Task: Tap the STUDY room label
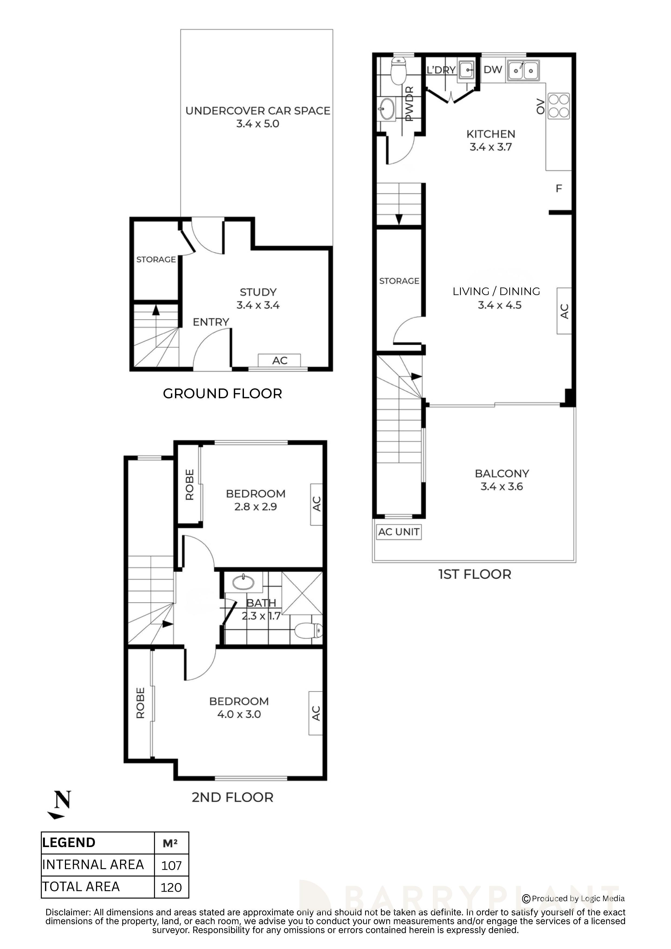tap(258, 292)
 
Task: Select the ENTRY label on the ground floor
tap(211, 322)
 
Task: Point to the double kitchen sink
tap(524, 70)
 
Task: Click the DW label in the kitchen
tap(493, 70)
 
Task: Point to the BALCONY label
tap(502, 473)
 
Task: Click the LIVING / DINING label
tap(496, 291)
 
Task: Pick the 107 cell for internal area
tap(171, 865)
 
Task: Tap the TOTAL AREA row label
tap(81, 887)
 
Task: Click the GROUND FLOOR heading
tap(222, 394)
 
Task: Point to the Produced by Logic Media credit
tap(574, 899)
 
